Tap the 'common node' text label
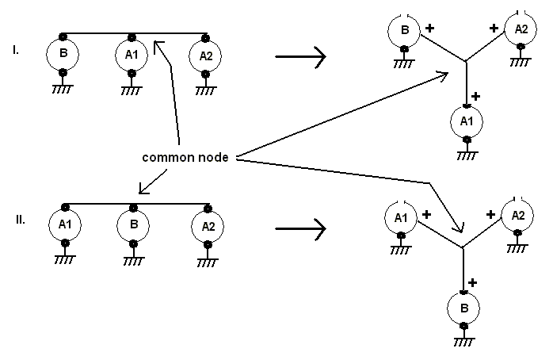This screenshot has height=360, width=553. (185, 157)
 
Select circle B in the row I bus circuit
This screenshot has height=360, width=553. (62, 56)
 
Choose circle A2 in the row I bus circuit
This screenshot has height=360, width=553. (205, 56)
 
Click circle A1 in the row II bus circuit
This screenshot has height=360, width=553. (64, 225)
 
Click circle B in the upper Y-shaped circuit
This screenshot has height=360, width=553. (404, 31)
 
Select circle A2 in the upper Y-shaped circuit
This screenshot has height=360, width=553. (521, 29)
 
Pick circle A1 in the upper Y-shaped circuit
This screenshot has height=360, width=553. (466, 121)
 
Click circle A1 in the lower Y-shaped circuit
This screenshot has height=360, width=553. (400, 216)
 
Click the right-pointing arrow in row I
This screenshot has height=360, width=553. (299, 56)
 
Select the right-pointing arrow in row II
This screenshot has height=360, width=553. (299, 229)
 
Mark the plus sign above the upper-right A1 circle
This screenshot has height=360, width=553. (475, 96)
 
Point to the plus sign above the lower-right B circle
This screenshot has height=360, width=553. (474, 282)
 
